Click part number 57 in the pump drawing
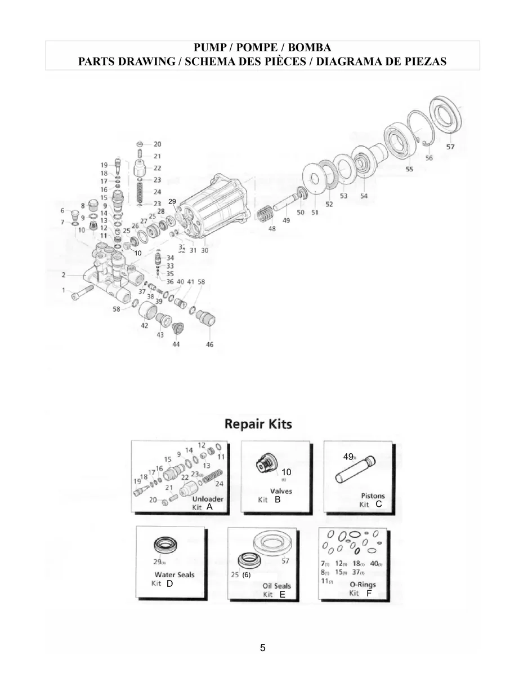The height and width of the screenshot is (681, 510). pos(450,147)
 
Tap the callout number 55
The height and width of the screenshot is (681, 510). pos(409,169)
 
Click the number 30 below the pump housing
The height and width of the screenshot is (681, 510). pos(204,250)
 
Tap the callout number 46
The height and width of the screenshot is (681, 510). pos(210,344)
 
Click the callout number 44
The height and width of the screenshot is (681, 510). pos(176,344)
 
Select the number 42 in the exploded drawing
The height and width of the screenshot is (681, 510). pos(144,325)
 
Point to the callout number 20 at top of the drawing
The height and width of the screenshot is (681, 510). pos(157,144)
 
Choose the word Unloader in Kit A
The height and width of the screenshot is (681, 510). pos(208,499)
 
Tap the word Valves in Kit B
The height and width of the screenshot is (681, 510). pos(281,491)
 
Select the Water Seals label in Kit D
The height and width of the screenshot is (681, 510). pos(175,574)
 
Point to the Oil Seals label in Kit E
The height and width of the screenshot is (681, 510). pos(277,586)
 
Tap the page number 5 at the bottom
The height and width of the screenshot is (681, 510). pos(263,648)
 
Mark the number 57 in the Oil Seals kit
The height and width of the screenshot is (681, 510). pos(285,561)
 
